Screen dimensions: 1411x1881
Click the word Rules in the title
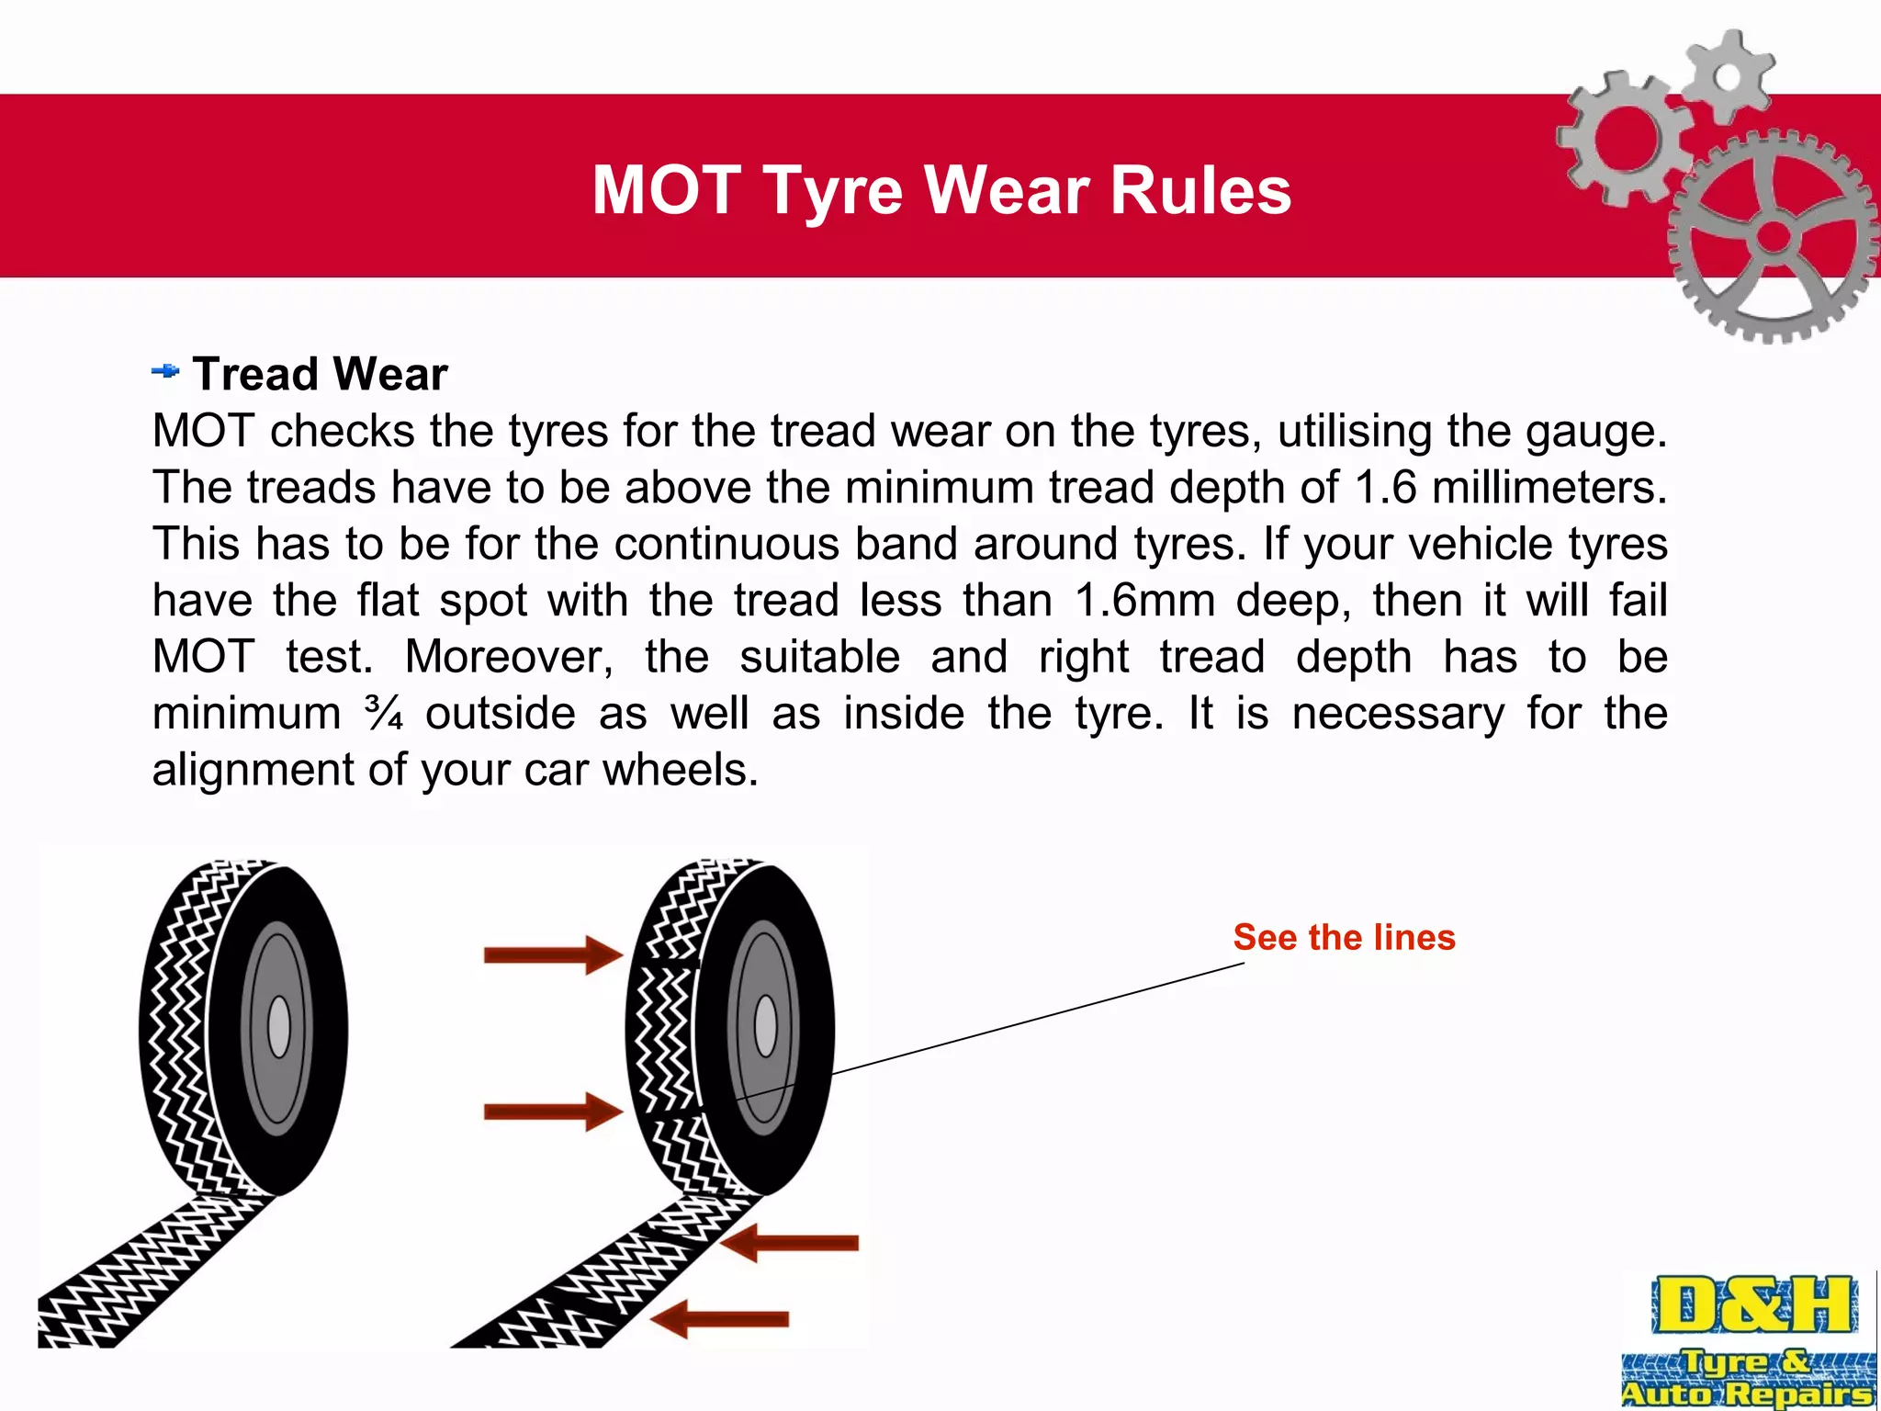coord(1200,190)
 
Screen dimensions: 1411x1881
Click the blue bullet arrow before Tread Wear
coord(165,371)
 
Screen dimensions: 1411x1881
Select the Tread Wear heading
coord(320,374)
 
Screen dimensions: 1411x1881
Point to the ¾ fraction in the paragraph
coord(383,712)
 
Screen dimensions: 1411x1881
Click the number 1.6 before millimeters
coord(1386,487)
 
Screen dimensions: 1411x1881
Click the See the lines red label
coord(1344,937)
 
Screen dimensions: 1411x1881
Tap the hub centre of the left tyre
coord(278,1027)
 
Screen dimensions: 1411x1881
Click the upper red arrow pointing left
coord(790,1243)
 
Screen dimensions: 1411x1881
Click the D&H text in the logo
coord(1753,1304)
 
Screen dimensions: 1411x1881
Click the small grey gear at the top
coord(1728,76)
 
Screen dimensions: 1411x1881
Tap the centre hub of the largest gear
coord(1774,237)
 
